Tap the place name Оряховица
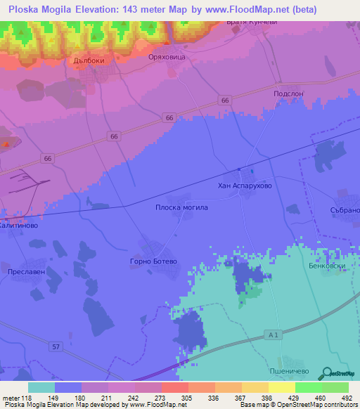[167, 58]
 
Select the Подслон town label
[288, 93]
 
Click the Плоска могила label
[181, 208]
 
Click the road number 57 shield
[56, 346]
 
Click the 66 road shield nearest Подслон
[224, 101]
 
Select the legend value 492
[347, 398]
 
